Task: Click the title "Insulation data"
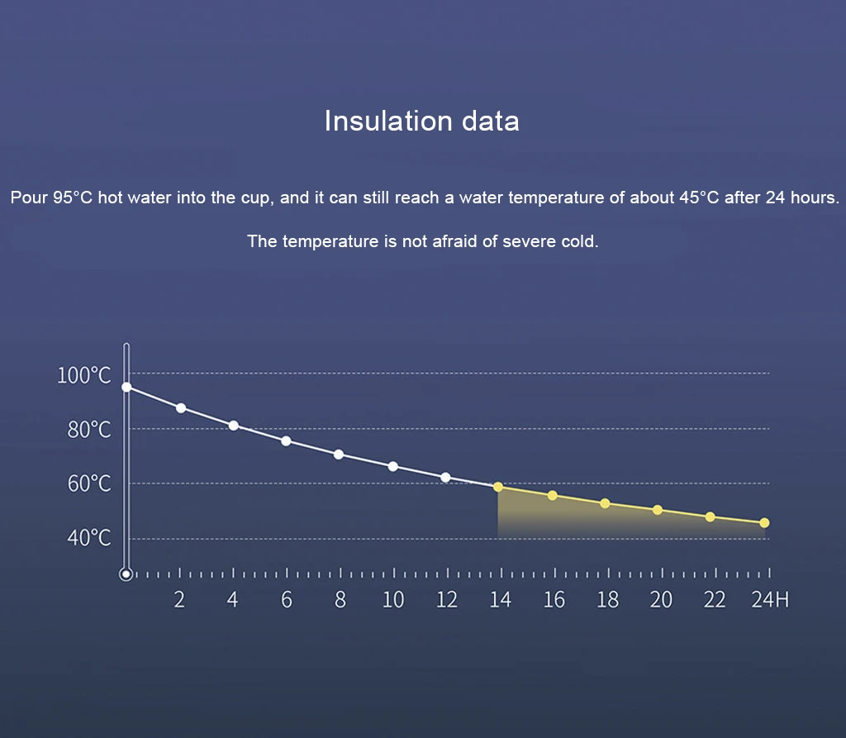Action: tap(421, 121)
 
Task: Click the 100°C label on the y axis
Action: tap(83, 375)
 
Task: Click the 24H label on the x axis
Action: tap(770, 600)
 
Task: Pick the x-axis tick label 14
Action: tap(500, 600)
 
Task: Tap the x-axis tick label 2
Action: tap(179, 600)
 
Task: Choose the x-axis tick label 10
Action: tap(393, 600)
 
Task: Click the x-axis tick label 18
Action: tap(607, 600)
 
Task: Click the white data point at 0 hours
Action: tap(126, 387)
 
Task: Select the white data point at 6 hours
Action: tap(286, 440)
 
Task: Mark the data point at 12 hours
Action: tap(446, 477)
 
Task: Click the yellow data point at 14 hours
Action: tap(498, 487)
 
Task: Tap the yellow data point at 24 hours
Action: tap(764, 522)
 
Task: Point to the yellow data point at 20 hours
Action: tap(658, 510)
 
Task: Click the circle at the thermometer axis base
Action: tap(126, 574)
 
